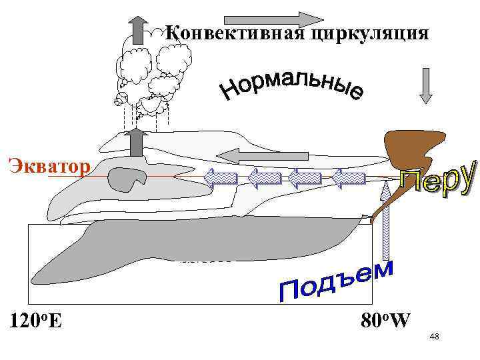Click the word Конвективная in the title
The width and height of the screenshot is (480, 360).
click(x=235, y=32)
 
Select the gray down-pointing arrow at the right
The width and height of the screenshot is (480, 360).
click(x=427, y=85)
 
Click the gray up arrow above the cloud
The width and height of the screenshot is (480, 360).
click(x=137, y=30)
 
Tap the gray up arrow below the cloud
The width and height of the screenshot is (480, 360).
click(x=138, y=142)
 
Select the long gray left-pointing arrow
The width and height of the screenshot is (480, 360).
click(x=263, y=156)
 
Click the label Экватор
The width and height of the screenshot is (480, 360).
click(x=47, y=164)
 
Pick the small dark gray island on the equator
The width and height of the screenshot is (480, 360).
click(x=128, y=178)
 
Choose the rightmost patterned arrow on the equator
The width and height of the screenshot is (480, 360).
click(x=349, y=178)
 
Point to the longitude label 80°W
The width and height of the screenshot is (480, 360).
click(x=385, y=320)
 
